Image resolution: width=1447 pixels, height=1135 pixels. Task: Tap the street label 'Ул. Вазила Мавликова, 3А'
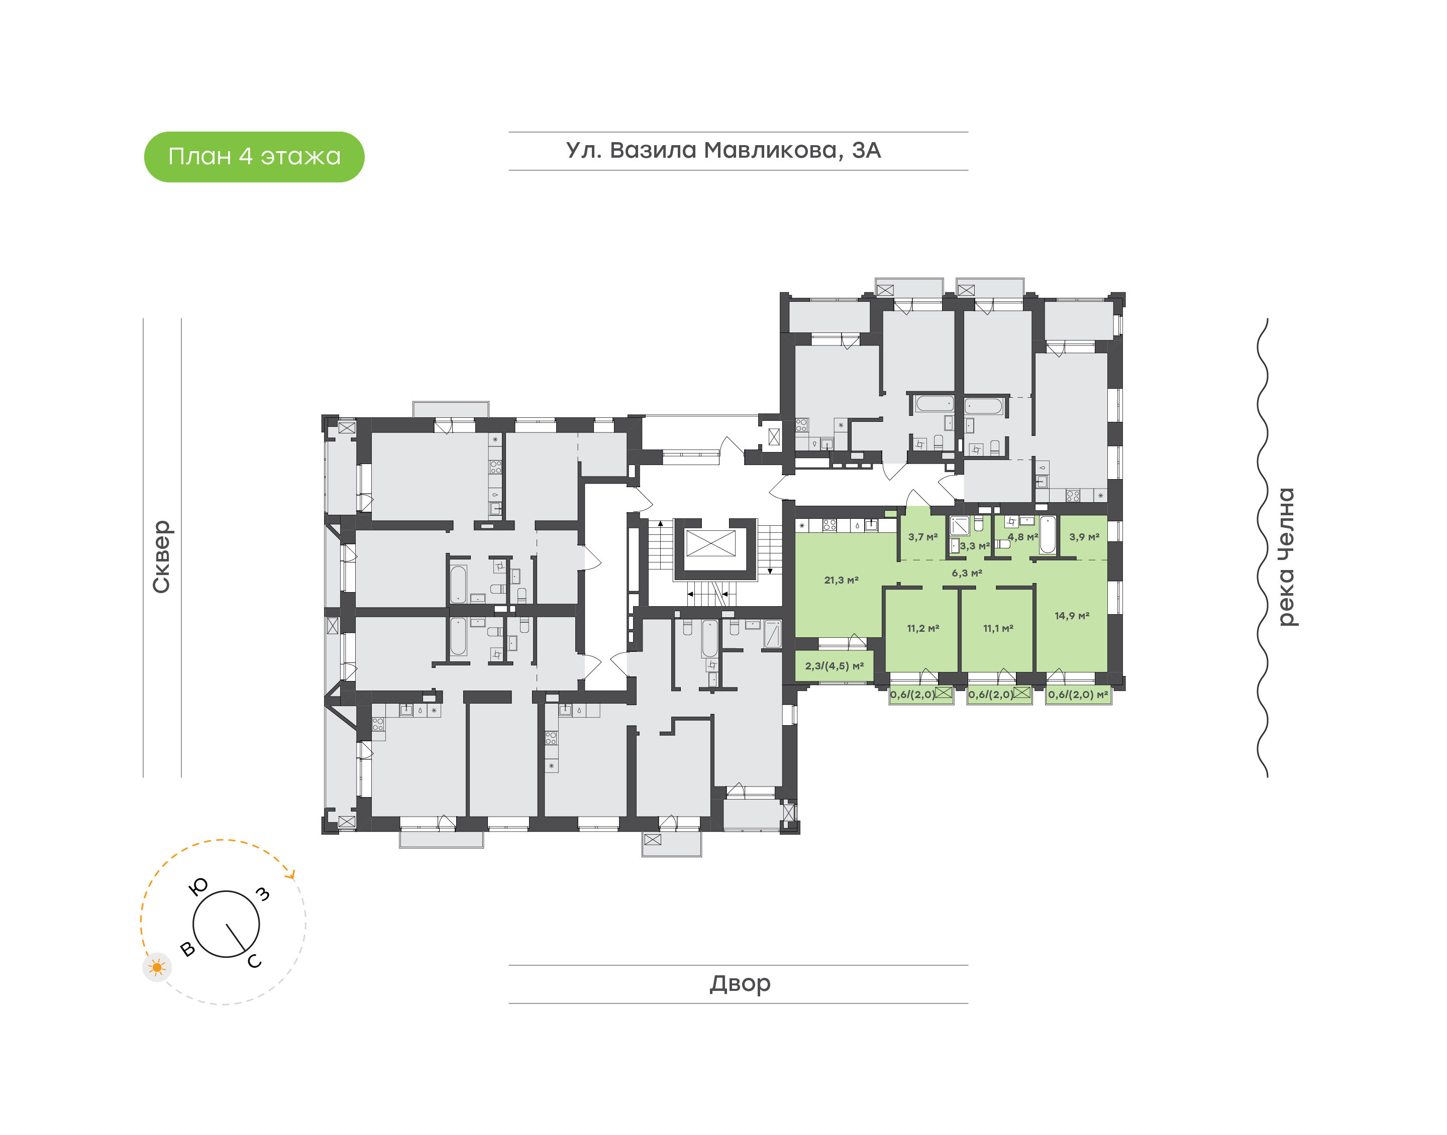[x=723, y=150]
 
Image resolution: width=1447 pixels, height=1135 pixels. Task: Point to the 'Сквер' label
[x=161, y=556]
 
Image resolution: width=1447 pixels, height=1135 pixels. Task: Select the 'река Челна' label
[x=1286, y=556]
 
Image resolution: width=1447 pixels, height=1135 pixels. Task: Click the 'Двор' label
[x=740, y=983]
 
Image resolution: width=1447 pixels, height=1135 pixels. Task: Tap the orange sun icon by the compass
[x=157, y=967]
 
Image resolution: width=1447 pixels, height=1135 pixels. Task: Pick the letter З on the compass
[x=263, y=894]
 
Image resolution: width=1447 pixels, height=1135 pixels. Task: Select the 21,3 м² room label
[x=841, y=580]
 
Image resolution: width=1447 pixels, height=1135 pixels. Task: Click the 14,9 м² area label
[x=1072, y=616]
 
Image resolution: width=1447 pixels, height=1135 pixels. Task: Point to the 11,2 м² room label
[x=922, y=628]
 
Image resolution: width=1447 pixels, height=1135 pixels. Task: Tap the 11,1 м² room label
[x=998, y=628]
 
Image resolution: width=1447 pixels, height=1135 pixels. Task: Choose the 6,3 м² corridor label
[x=967, y=573]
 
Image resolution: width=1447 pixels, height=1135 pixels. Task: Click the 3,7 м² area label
[x=922, y=537]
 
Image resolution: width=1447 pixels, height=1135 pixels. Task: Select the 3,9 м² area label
[x=1083, y=537]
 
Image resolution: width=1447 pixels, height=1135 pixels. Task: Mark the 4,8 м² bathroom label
[x=1022, y=537]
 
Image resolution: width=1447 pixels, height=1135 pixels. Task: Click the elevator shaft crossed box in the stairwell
[x=710, y=543]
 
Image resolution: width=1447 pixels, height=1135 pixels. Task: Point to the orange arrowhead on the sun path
[x=290, y=875]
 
